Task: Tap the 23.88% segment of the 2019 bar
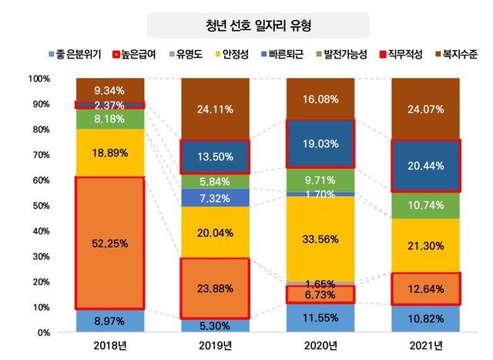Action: coord(215,288)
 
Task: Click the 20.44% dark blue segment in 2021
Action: coord(424,165)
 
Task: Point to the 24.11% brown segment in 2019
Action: coord(215,109)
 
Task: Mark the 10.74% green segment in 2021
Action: coord(424,205)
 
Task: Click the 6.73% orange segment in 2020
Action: coord(320,294)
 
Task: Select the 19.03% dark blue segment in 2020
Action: coord(320,143)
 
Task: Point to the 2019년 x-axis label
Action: coord(215,345)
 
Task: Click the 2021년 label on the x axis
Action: coord(424,345)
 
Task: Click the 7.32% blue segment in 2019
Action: coord(215,198)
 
